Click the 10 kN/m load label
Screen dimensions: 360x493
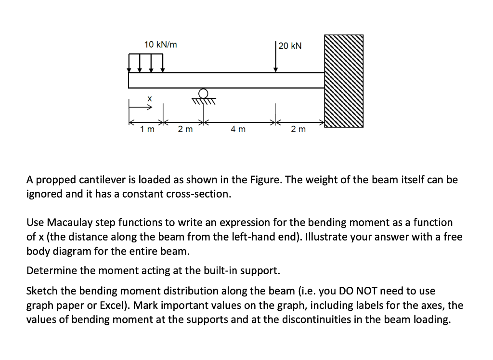tap(160, 45)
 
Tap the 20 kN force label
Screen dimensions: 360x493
tap(290, 46)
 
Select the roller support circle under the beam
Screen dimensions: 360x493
tap(204, 93)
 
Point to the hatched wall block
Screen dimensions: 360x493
tap(344, 80)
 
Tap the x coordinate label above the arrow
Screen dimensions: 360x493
tap(150, 98)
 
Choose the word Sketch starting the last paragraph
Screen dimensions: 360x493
tap(42, 291)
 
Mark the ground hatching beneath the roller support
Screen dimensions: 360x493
tap(204, 101)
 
